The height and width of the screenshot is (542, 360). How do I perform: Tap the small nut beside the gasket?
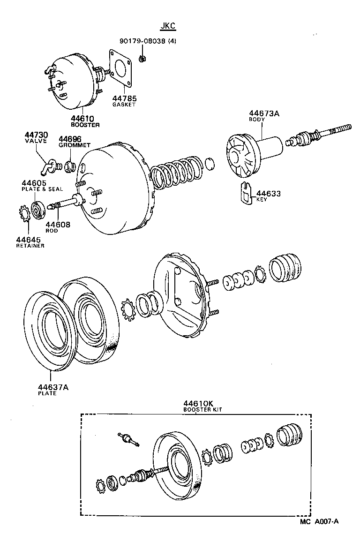tap(142, 58)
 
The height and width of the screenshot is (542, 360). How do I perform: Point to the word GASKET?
tap(124, 105)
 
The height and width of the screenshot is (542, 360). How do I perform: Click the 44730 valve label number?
tap(36, 135)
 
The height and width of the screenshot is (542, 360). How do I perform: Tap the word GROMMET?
tap(75, 145)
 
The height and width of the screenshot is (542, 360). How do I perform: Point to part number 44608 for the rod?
tap(58, 225)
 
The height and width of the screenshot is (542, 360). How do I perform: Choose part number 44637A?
tap(53, 387)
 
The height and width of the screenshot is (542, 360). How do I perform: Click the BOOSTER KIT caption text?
tap(202, 409)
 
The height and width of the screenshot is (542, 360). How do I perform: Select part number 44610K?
tap(199, 403)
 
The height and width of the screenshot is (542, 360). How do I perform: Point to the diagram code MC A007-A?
tap(320, 521)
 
